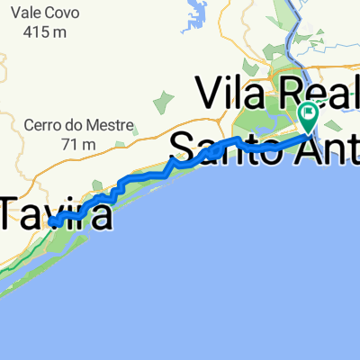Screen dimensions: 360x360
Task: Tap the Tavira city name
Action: tap(56, 216)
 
